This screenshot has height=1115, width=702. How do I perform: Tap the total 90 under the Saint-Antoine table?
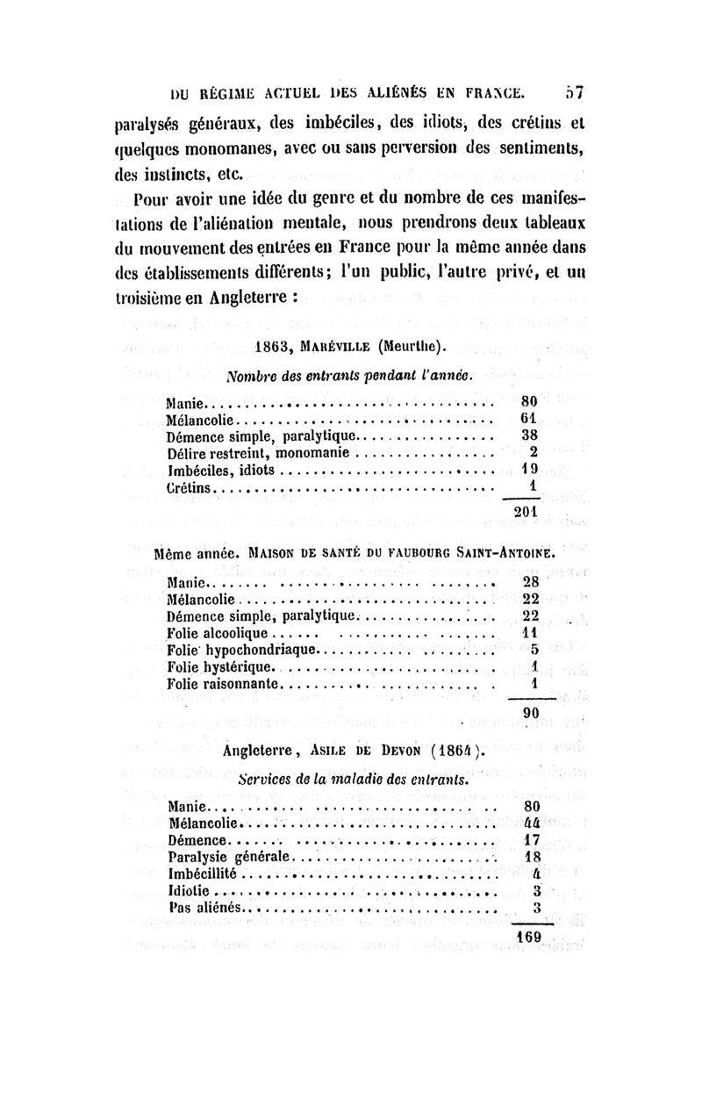click(530, 714)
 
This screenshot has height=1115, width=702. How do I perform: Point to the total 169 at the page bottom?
click(529, 937)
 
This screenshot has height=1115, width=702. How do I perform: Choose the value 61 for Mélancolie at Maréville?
click(528, 419)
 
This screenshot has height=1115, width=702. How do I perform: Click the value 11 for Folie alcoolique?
click(530, 632)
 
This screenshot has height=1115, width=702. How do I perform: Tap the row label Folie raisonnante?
click(222, 683)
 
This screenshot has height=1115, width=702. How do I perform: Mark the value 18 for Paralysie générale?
click(531, 857)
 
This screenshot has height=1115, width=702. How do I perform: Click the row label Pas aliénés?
click(206, 908)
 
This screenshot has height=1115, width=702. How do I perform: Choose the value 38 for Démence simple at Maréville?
click(529, 435)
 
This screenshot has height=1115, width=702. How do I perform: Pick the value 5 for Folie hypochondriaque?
click(533, 650)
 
